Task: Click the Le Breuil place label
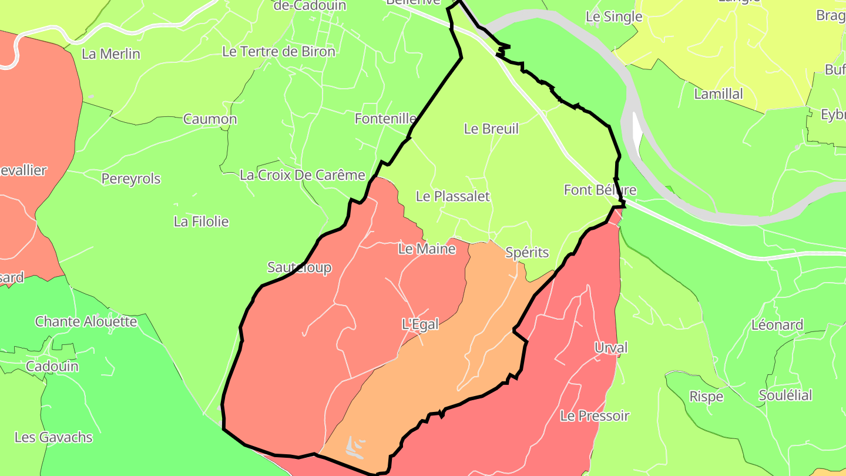[491, 129]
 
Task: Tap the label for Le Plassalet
[452, 196]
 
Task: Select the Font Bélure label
[600, 190]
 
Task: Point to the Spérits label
[527, 253]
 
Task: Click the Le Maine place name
[427, 249]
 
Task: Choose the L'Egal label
[420, 324]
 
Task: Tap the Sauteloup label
[299, 268]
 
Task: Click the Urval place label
[611, 347]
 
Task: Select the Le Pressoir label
[595, 416]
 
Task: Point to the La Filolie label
[201, 222]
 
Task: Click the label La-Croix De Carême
[303, 175]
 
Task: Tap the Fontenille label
[385, 119]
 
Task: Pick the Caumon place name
[210, 119]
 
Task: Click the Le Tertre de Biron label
[278, 52]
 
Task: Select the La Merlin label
[111, 54]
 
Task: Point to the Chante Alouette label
[86, 321]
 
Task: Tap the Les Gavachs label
[53, 437]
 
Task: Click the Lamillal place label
[718, 94]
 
